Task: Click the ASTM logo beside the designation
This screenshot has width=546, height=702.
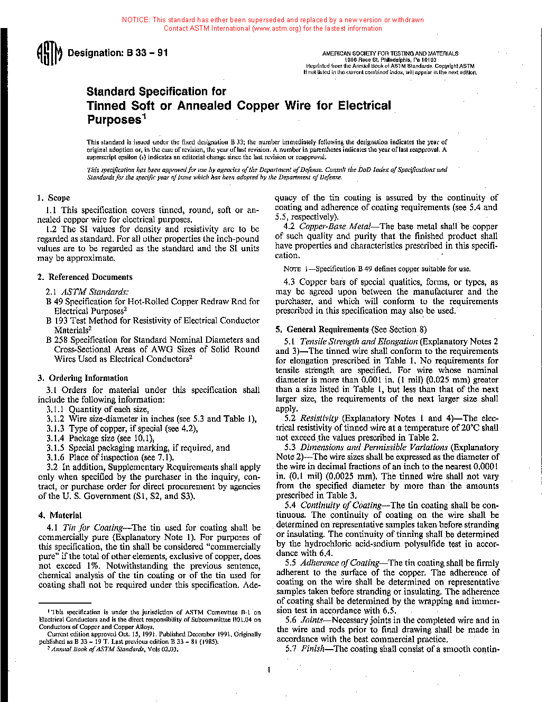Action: (49, 53)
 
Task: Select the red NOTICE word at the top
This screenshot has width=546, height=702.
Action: (135, 20)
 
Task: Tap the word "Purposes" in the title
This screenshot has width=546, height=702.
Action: (114, 120)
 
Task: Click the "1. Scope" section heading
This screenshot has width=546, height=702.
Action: (53, 198)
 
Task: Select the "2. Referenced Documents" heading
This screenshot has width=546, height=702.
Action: (85, 277)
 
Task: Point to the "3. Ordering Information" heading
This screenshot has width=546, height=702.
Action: (83, 378)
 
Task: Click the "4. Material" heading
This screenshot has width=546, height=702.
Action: (60, 515)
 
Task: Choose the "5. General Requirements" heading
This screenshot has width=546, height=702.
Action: (322, 330)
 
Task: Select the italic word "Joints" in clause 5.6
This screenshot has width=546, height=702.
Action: (312, 620)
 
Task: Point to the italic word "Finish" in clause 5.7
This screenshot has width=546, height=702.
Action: (313, 649)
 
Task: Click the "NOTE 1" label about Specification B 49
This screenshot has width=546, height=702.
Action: (294, 269)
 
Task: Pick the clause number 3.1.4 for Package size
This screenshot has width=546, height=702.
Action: (55, 438)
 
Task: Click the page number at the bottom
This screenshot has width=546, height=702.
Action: (269, 670)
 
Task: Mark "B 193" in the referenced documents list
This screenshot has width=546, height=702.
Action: (56, 321)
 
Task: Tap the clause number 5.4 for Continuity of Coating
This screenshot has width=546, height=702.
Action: (290, 505)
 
